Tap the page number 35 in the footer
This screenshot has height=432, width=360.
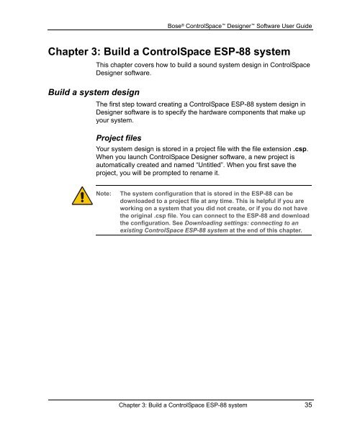(x=308, y=405)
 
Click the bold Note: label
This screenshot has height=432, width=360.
(x=104, y=194)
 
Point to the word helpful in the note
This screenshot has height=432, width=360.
(x=258, y=204)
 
